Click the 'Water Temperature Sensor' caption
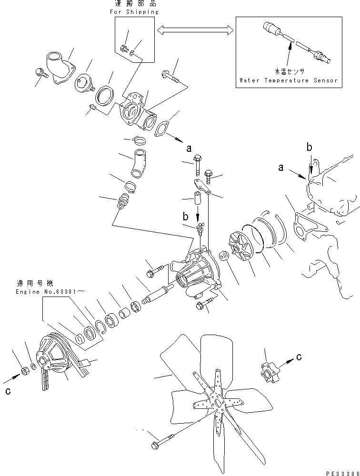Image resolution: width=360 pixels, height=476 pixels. coord(289,80)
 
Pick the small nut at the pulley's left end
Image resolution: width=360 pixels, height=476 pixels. coord(24,370)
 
